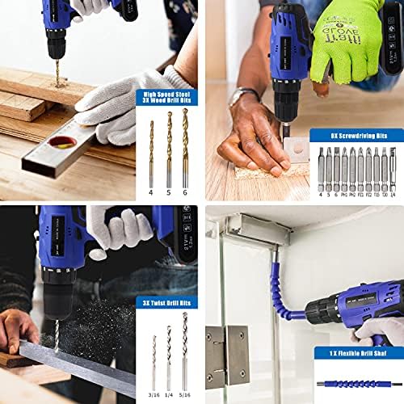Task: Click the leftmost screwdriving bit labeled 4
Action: (x=321, y=170)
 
